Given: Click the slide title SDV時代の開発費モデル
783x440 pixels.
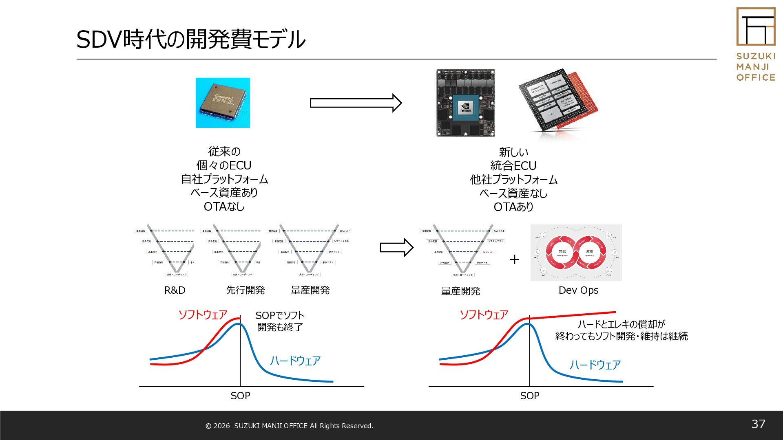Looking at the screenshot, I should (x=190, y=40).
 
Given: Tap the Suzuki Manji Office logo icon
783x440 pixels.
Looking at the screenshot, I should (x=756, y=26).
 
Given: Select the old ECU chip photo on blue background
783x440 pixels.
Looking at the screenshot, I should (x=223, y=103).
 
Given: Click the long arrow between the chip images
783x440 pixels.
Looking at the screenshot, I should (x=356, y=103).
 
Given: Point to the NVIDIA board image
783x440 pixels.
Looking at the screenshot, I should (x=465, y=103).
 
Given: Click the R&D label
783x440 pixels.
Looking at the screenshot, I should (x=175, y=290).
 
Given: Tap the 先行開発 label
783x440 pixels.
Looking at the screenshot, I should (x=245, y=290).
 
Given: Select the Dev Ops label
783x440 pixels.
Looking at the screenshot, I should (x=578, y=290).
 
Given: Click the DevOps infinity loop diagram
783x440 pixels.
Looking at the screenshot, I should (x=576, y=253).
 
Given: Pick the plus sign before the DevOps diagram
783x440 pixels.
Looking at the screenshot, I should (x=514, y=260).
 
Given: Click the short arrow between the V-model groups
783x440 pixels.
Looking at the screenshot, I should (x=396, y=247).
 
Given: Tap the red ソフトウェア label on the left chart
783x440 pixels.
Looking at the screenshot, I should (x=202, y=315).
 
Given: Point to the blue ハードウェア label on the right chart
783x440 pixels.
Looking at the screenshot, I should (x=595, y=365).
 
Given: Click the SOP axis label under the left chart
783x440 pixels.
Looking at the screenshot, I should (x=240, y=396).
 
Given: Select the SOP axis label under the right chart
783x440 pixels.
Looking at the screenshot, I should (x=529, y=396).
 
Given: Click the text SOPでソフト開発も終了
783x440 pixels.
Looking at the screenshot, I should (x=280, y=321).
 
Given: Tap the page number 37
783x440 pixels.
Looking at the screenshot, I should (x=758, y=424).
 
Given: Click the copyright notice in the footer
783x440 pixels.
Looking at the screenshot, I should (x=289, y=426).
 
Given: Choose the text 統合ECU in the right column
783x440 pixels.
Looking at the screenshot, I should (x=513, y=166).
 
